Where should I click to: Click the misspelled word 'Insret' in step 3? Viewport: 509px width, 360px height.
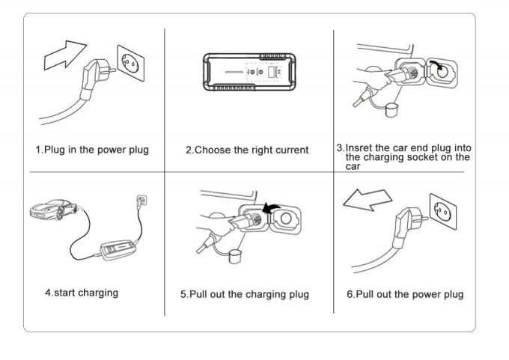(361, 147)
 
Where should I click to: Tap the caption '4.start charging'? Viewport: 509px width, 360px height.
(81, 293)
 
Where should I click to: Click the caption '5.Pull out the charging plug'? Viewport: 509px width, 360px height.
(244, 294)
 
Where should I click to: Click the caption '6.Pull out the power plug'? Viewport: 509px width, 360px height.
(405, 294)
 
